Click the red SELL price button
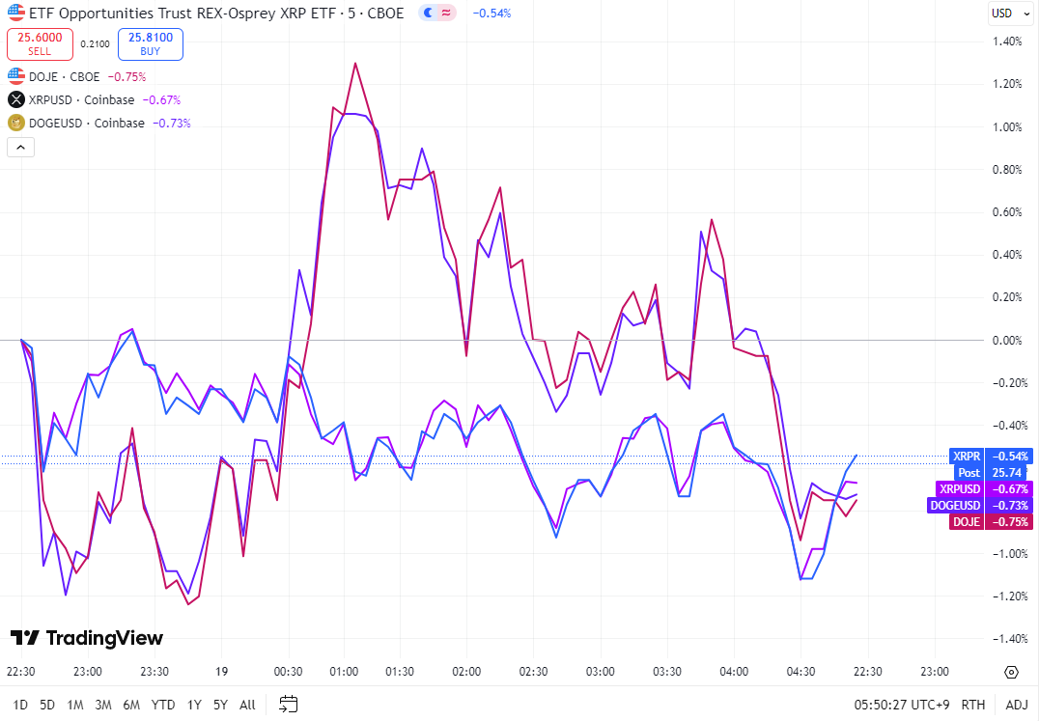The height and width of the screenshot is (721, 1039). (40, 43)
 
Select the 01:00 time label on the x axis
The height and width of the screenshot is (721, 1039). (344, 672)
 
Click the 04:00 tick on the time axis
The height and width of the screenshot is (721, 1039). (735, 672)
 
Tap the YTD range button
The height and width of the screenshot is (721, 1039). (163, 705)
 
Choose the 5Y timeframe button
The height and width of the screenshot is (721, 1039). (220, 705)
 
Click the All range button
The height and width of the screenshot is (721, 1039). (247, 705)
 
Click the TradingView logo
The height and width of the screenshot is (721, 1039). (87, 638)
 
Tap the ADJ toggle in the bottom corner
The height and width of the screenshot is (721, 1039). (1016, 705)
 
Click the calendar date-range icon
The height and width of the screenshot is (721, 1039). (288, 704)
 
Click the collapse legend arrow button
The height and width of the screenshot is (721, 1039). (21, 147)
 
